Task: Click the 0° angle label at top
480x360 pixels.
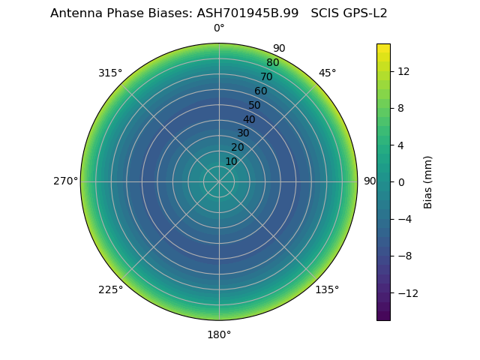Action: [x=219, y=28]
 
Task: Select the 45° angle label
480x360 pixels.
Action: [x=327, y=73]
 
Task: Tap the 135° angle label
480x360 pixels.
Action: [x=327, y=289]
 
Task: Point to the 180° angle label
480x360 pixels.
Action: [x=219, y=334]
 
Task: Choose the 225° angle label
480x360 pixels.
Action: [x=110, y=289]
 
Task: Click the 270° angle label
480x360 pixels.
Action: [x=65, y=181]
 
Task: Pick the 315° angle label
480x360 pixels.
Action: [x=110, y=73]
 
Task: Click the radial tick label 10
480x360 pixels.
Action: [x=231, y=161]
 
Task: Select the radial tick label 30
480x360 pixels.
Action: [x=243, y=133]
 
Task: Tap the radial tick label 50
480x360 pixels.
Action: [x=255, y=105]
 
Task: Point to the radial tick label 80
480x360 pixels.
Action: [x=272, y=63]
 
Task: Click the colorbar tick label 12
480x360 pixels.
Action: [x=403, y=70]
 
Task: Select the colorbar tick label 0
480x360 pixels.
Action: [x=400, y=181]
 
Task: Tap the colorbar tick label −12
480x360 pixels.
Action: [x=408, y=293]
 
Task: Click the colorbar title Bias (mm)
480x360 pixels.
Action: [x=428, y=181]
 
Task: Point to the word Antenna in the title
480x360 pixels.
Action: [x=74, y=13]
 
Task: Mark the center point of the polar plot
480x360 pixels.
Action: [x=219, y=181]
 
